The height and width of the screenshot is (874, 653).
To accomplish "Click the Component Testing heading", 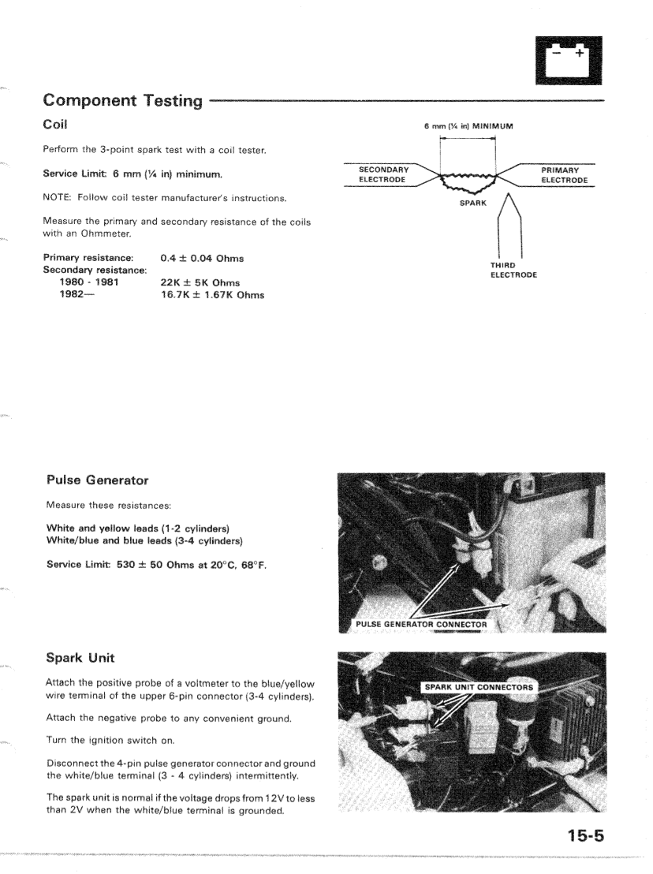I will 123,100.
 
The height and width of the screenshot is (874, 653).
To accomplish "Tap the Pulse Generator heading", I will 97,480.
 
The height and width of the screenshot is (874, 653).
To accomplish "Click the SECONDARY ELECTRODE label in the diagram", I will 382,174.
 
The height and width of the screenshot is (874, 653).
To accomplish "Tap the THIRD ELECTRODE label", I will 514,270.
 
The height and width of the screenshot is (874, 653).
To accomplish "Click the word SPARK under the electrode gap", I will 473,203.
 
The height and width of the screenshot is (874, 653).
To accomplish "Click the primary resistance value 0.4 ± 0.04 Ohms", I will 202,258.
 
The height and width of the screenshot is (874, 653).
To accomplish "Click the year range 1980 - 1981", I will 89,282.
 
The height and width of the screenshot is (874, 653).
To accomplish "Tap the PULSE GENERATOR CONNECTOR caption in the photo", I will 421,625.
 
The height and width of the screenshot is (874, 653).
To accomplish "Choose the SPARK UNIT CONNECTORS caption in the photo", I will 479,687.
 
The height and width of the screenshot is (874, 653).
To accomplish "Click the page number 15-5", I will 584,833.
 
